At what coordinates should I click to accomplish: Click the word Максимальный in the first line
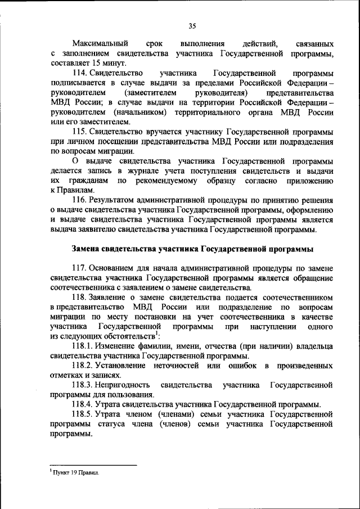click(x=100, y=43)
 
